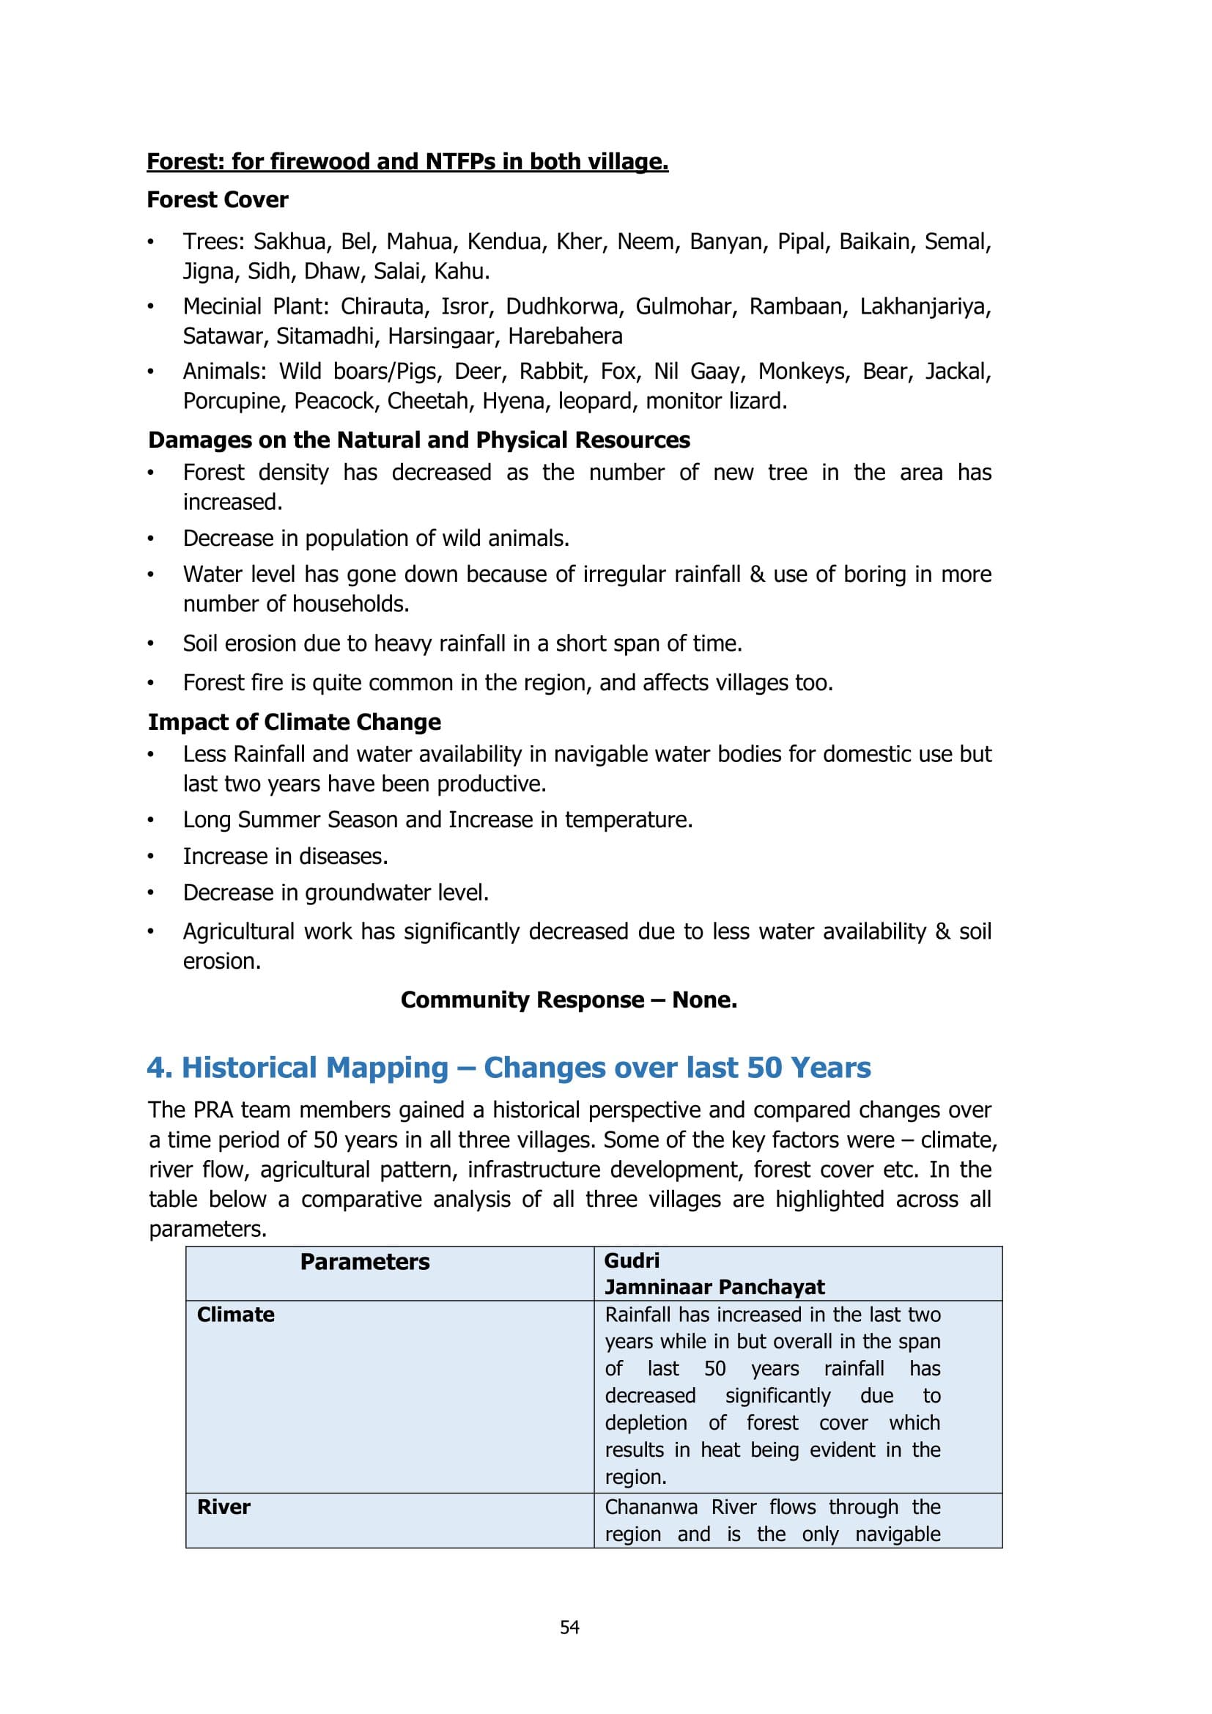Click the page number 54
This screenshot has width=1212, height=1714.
coord(569,1627)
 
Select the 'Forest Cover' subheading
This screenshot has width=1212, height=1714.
coord(217,200)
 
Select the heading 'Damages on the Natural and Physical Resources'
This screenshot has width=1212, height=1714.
coord(418,440)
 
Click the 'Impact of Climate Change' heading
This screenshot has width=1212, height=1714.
coord(294,723)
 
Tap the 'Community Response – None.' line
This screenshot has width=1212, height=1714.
coord(569,1000)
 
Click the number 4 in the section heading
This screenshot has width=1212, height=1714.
coord(155,1068)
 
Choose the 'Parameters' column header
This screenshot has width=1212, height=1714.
coord(364,1263)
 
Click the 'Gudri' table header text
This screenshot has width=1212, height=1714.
coord(632,1261)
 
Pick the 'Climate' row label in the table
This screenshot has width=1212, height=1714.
coord(235,1315)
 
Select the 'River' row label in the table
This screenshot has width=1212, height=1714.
coord(223,1507)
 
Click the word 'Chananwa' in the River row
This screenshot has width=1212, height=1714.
coord(651,1507)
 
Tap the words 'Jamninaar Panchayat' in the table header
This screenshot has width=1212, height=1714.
coord(714,1287)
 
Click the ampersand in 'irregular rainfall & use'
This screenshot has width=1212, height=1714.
coord(757,575)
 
